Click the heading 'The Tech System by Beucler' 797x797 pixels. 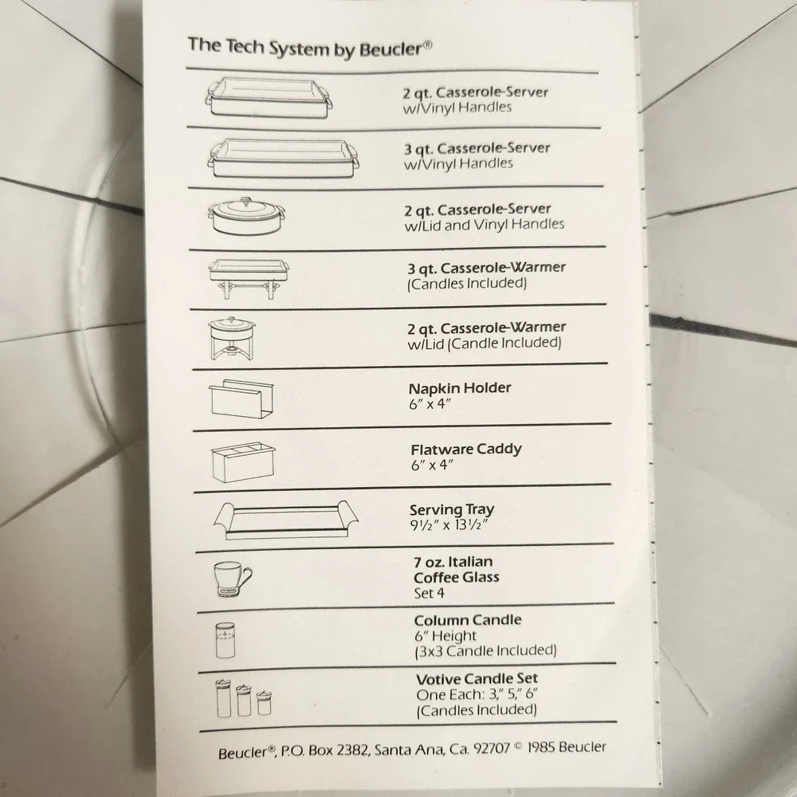pos(310,48)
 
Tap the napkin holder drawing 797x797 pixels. pos(241,399)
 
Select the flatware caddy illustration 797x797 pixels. pos(243,462)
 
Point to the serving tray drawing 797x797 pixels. pos(285,520)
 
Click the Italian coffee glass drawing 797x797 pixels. pos(233,579)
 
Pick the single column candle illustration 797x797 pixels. pos(226,640)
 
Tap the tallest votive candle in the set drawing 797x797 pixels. pos(224,698)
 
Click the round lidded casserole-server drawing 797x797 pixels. pos(246,216)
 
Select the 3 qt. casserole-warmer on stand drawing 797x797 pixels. pos(249,278)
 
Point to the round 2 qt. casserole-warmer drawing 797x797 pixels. pos(232,338)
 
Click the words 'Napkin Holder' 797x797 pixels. pos(460,388)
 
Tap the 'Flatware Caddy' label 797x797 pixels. pos(466,450)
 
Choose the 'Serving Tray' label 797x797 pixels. pos(452,510)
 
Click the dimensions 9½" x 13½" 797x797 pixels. pos(450,525)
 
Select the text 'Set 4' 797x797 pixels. pos(429,593)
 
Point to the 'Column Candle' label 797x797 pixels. pos(468,621)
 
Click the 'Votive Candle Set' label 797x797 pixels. pos(477,679)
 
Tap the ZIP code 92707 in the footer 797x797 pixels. pos(492,748)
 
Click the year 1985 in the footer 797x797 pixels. pos(546,748)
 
